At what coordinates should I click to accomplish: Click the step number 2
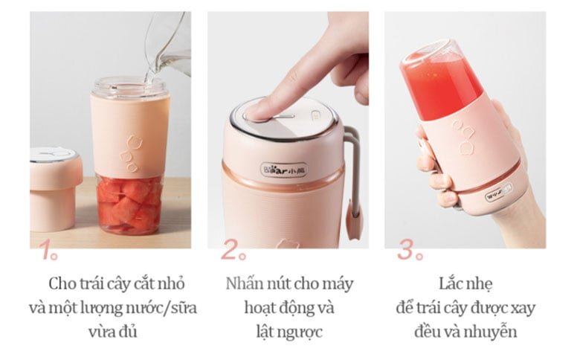pos(230,251)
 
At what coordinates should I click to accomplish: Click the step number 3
pos(407,251)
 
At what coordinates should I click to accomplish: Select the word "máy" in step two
pos(338,284)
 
